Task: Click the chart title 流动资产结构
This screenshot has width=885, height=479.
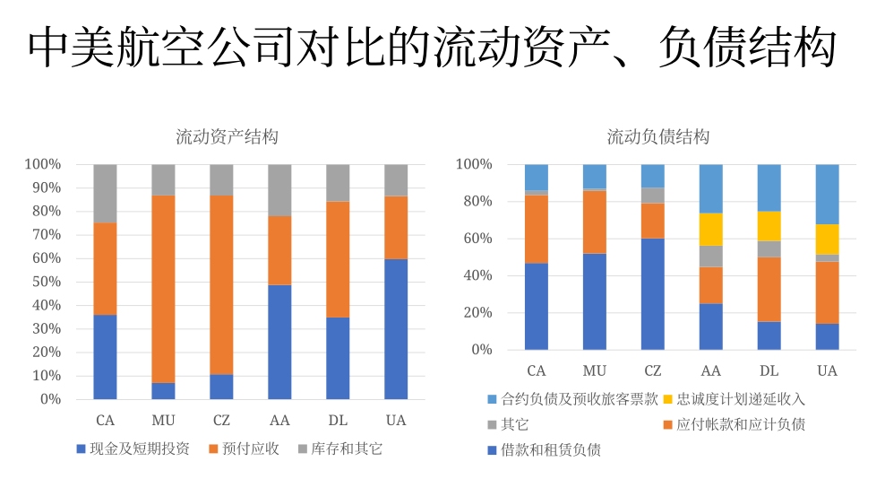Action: pos(227,137)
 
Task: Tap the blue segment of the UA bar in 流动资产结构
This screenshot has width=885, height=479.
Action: pos(396,328)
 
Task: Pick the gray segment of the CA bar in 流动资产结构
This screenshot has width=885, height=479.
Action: pos(105,193)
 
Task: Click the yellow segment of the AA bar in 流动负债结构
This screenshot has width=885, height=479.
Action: pos(710,229)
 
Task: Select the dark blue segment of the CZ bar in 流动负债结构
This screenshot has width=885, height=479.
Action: pos(653,293)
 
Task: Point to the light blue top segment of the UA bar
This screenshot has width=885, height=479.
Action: pos(827,194)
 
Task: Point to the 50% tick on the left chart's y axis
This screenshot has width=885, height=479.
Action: pos(43,282)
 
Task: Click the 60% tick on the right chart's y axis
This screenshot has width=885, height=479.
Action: pos(475,239)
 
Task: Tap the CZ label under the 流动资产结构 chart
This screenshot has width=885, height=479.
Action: pos(221,421)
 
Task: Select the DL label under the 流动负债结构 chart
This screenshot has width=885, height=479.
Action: pos(769,370)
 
